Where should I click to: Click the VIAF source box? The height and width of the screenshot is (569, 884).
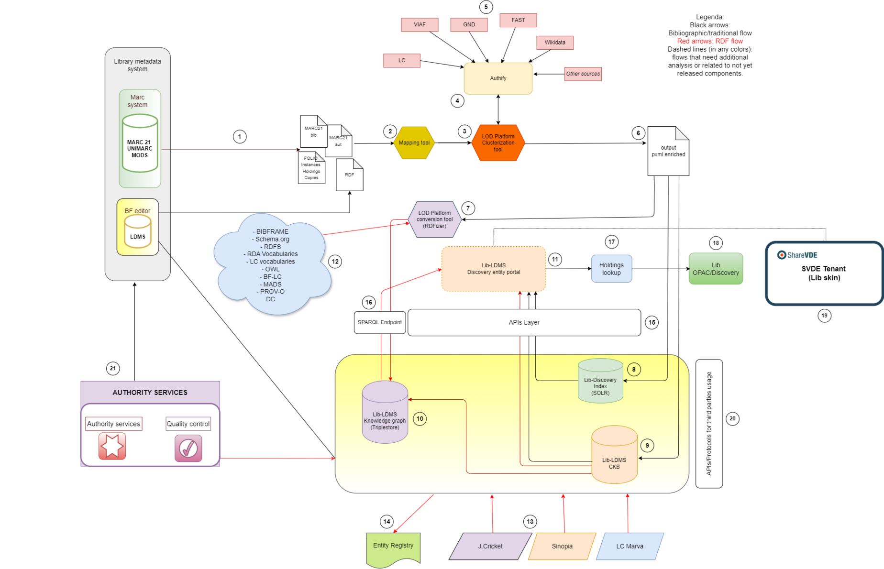pyautogui.click(x=420, y=25)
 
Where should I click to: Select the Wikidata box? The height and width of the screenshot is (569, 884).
pyautogui.click(x=554, y=43)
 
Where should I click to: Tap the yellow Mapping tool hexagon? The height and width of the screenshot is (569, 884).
pyautogui.click(x=414, y=143)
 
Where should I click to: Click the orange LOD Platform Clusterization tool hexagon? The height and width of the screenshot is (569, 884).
pyautogui.click(x=498, y=143)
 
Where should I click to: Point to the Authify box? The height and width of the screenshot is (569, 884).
pyautogui.click(x=498, y=78)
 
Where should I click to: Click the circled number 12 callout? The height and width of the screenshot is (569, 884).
pyautogui.click(x=335, y=262)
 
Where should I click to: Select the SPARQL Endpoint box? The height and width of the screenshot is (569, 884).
pyautogui.click(x=380, y=322)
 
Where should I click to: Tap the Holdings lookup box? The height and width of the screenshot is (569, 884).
pyautogui.click(x=611, y=269)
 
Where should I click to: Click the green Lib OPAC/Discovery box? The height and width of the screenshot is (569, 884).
pyautogui.click(x=716, y=269)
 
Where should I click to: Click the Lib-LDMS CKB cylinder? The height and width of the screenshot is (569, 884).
pyautogui.click(x=614, y=457)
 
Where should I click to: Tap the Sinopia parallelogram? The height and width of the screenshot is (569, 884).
pyautogui.click(x=562, y=546)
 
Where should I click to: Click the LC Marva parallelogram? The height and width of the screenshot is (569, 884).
pyautogui.click(x=630, y=546)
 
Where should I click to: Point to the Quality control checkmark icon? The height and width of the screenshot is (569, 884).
pyautogui.click(x=188, y=448)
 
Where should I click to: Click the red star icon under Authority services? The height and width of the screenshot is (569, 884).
pyautogui.click(x=112, y=446)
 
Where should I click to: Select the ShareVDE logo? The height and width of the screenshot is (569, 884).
pyautogui.click(x=797, y=255)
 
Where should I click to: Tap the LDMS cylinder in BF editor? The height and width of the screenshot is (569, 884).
pyautogui.click(x=138, y=232)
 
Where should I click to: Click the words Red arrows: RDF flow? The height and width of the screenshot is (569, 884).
pyautogui.click(x=710, y=41)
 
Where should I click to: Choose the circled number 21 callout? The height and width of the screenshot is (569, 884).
pyautogui.click(x=113, y=368)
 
